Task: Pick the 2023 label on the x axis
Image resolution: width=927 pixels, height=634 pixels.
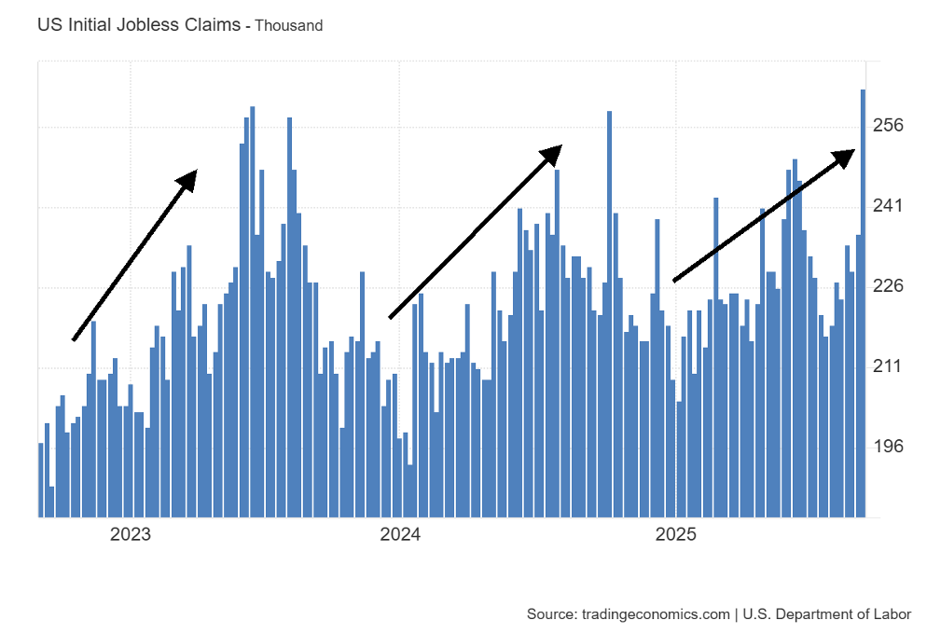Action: (131, 535)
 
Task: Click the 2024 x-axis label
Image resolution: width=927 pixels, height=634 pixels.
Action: (400, 535)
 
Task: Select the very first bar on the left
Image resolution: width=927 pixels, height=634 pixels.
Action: (41, 479)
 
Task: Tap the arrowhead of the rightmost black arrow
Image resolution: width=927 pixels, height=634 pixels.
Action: (846, 156)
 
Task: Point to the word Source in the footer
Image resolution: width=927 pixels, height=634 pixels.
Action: (550, 613)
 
